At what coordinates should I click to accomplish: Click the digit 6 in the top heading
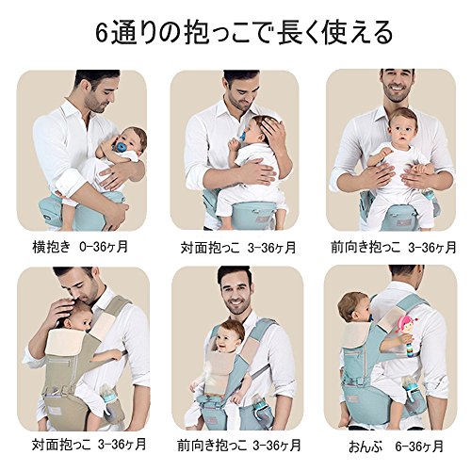pyautogui.click(x=102, y=33)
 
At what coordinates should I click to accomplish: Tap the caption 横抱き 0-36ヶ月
pyautogui.click(x=80, y=247)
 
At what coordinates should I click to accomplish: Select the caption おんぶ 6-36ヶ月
pyautogui.click(x=396, y=446)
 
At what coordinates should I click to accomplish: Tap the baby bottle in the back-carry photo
pyautogui.click(x=410, y=388)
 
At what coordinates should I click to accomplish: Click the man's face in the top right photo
pyautogui.click(x=397, y=83)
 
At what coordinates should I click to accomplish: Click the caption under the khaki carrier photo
pyautogui.click(x=89, y=445)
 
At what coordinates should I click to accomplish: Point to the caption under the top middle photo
pyautogui.click(x=238, y=248)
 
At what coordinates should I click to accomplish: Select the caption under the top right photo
pyautogui.click(x=394, y=247)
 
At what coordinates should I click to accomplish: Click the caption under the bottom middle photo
pyautogui.click(x=239, y=445)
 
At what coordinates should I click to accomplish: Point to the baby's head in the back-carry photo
pyautogui.click(x=353, y=308)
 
